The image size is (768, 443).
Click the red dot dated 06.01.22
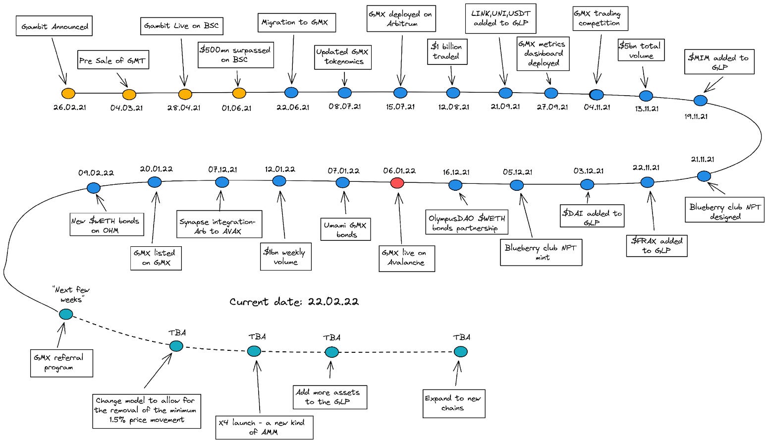coord(397,183)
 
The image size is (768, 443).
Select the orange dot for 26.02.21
coord(68,93)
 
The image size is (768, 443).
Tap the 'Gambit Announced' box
coord(55,26)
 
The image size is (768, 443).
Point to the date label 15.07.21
coord(400,107)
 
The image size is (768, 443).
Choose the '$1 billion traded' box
coord(447,52)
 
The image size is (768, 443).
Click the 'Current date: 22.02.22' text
coord(294,302)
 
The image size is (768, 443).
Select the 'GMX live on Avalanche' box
coord(406,258)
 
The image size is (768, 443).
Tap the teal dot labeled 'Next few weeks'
coord(66,314)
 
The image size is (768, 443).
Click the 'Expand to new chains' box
coord(453,403)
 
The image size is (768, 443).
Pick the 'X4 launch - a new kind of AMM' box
coord(264,427)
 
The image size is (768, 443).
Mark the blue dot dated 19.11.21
coord(700,101)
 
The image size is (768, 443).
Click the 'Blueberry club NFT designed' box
coord(724,212)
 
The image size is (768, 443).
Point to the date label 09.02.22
coord(96,173)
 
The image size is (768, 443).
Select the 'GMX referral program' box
coord(61,363)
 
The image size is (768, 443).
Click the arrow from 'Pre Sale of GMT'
coord(122,80)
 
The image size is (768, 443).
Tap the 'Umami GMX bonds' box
coord(345,230)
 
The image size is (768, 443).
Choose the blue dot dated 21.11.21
coord(704,176)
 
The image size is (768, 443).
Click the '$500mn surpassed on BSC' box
coord(235,55)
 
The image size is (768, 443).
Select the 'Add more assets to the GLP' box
coord(329,397)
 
